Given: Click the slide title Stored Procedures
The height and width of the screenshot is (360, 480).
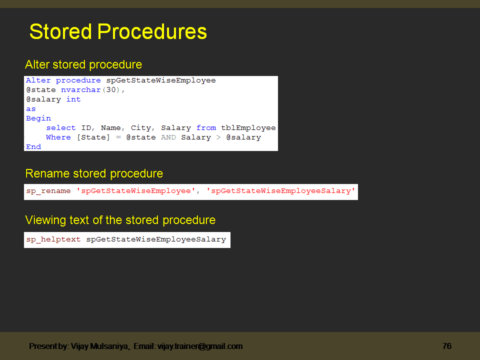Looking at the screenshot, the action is coord(118,32).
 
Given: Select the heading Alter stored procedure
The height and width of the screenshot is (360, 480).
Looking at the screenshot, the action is coord(83,65).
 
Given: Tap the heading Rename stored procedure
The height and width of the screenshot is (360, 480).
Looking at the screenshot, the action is coord(94,174).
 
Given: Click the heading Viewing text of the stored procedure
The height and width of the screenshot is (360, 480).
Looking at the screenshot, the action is coord(120,220).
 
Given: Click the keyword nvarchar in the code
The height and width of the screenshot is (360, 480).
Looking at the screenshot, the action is coord(81,90).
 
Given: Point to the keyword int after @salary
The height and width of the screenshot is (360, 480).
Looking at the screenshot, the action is coord(73,99).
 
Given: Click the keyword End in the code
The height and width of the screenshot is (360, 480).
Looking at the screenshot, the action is coord(33,147).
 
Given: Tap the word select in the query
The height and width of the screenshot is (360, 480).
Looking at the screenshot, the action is coord(61,128).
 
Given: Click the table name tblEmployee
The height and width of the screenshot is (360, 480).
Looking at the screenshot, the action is coord(248,128).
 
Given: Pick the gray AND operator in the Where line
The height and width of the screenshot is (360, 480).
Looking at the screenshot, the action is coord(168,137).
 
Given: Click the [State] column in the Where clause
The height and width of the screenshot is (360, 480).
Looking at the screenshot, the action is coord(93,137).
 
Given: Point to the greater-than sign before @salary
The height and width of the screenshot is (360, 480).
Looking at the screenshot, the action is coord(218,137).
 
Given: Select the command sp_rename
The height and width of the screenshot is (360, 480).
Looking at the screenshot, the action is coord(48,191).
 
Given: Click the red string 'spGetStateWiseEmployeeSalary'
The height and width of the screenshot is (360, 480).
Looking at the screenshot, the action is coord(280,191).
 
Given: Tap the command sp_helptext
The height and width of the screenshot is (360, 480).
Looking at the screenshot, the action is coord(53,239).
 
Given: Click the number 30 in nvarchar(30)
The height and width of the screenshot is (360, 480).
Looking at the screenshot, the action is coord(111,90).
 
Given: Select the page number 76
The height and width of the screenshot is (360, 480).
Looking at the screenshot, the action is coord(447,346).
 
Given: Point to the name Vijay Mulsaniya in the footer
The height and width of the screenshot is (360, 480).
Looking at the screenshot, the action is coord(99,346).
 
